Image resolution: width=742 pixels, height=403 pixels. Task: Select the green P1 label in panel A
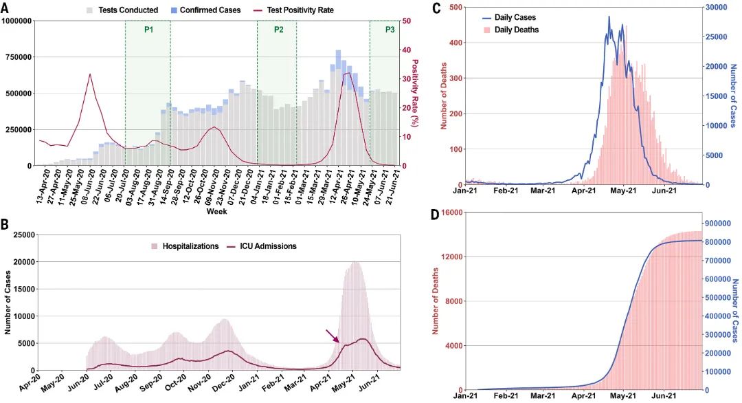click(x=148, y=30)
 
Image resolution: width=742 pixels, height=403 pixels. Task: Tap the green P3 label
click(x=390, y=30)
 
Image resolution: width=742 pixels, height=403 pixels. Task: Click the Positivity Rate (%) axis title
click(x=415, y=93)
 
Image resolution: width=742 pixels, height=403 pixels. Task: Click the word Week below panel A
click(x=216, y=212)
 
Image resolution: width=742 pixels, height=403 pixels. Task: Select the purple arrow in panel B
click(x=332, y=336)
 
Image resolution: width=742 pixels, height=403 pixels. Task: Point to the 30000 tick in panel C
click(x=718, y=7)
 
